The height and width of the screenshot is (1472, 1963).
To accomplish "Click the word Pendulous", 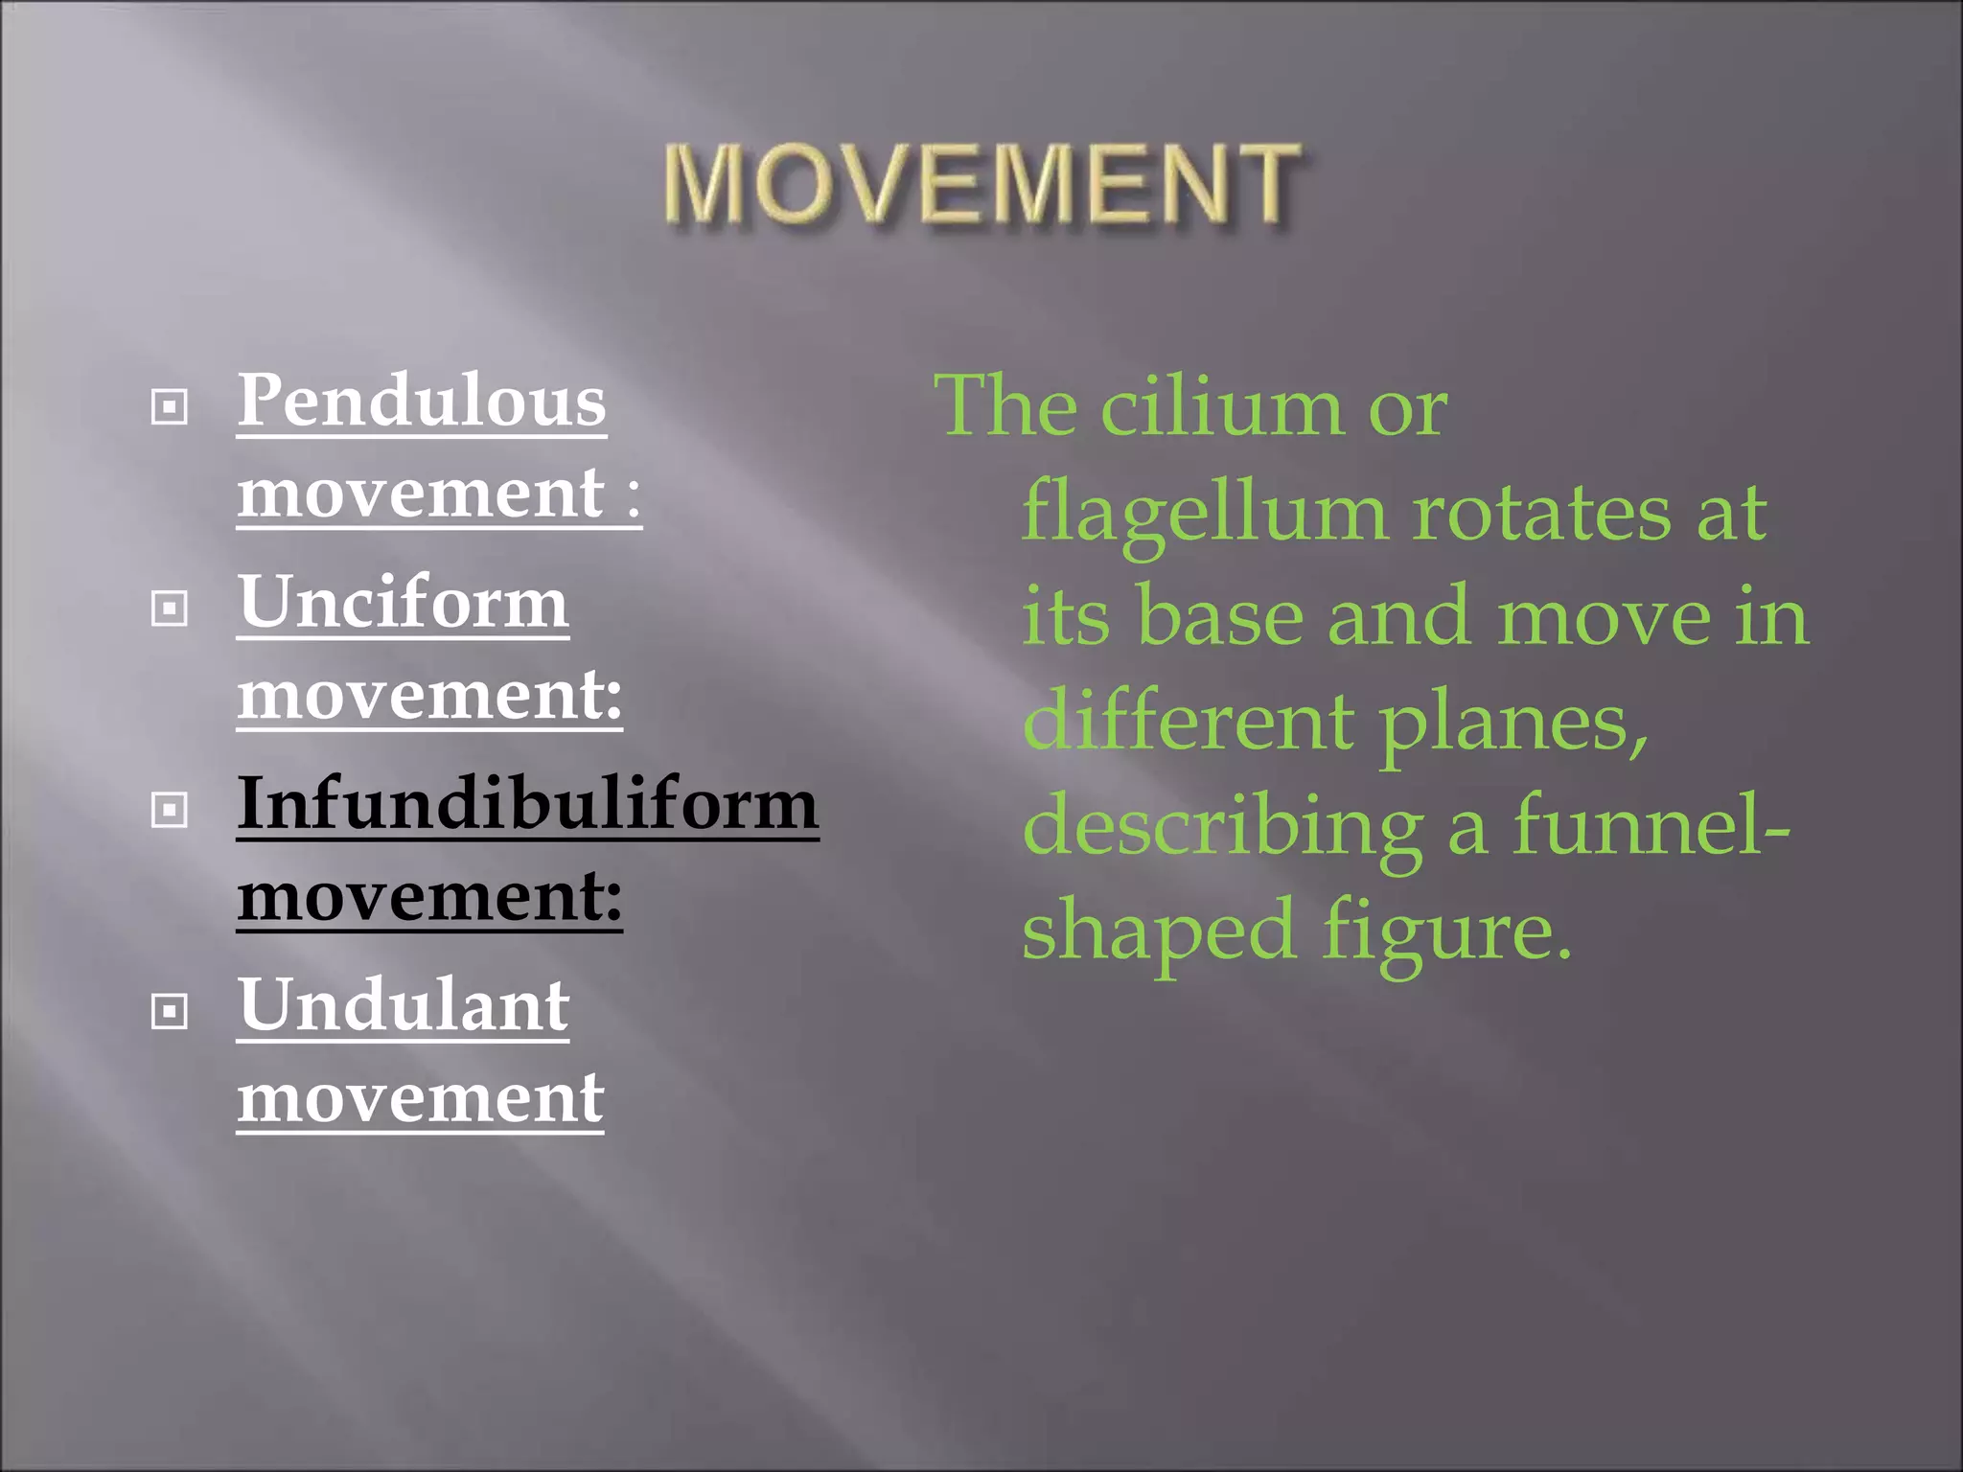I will [422, 401].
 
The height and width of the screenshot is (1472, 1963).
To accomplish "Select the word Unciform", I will [404, 603].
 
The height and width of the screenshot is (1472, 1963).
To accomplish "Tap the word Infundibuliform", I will [527, 804].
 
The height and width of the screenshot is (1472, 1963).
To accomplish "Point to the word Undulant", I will [404, 1005].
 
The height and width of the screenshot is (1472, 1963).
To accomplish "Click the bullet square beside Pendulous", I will [170, 407].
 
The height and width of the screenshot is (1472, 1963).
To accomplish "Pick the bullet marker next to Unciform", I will [170, 609].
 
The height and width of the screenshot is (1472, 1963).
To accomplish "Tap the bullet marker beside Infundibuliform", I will [170, 811].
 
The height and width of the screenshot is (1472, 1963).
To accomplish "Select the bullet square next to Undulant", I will [170, 1012].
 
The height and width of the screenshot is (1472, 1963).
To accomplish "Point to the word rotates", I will [1542, 514].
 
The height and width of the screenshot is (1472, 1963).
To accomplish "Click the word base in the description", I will [1219, 617].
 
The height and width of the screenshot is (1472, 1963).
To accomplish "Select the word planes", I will [1513, 724].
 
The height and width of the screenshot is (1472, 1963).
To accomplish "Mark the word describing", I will [1223, 828].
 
